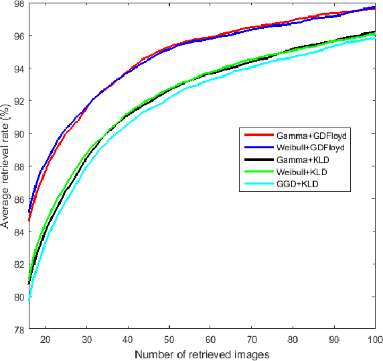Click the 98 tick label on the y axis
(x=19, y=4)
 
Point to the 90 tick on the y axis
(x=19, y=134)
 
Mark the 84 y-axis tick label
(x=19, y=231)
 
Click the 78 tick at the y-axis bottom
(x=19, y=329)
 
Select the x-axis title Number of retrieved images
(x=202, y=354)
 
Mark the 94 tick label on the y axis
(x=19, y=68)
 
